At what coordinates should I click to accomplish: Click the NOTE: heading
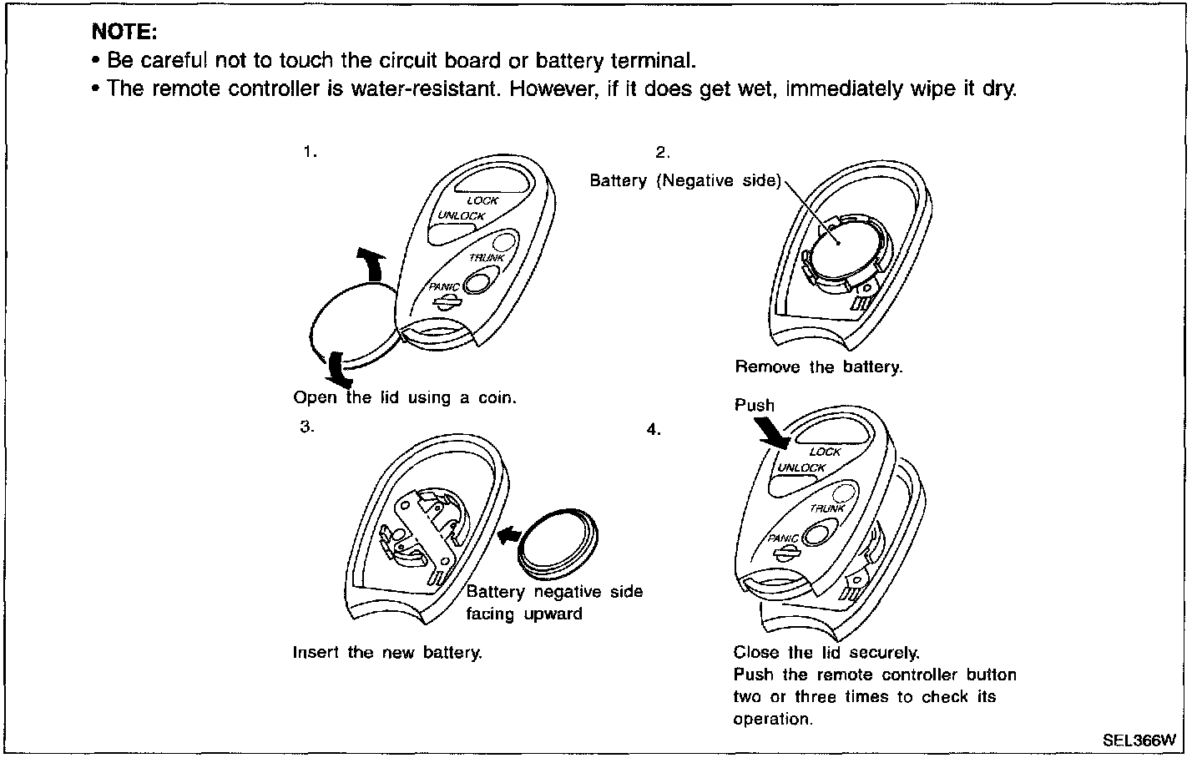[124, 32]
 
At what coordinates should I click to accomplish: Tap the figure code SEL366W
[1139, 740]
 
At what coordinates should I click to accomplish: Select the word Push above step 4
[755, 406]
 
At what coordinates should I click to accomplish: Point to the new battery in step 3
[558, 543]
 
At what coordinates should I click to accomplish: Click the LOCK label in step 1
[482, 200]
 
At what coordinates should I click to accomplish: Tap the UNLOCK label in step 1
[462, 216]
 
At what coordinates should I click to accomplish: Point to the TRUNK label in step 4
[827, 508]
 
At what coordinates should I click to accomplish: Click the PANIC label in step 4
[783, 538]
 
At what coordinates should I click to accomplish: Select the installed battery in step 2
[843, 252]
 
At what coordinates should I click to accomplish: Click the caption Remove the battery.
[819, 367]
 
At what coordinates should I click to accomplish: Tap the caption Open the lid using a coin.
[405, 398]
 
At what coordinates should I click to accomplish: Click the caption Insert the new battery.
[387, 653]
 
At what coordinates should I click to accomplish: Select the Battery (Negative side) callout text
[685, 180]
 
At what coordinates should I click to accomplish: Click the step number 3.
[307, 427]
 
